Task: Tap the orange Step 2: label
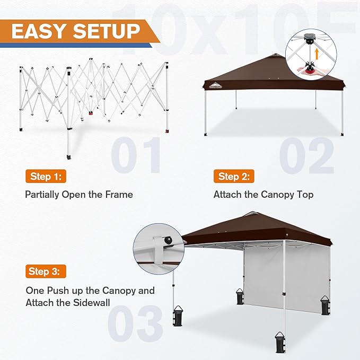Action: coord(234,176)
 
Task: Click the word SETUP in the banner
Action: coord(110,31)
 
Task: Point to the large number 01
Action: coord(136,155)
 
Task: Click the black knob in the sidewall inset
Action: coord(169,241)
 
